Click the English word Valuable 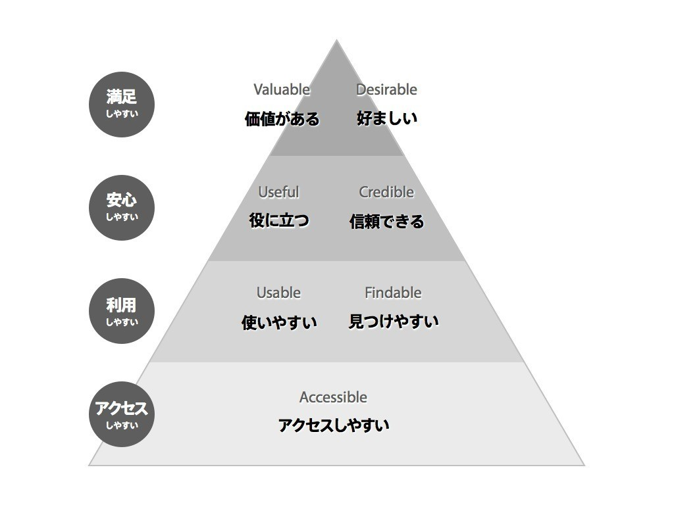click(x=282, y=89)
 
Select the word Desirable click(x=386, y=89)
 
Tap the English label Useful click(x=278, y=192)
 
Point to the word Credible click(x=386, y=192)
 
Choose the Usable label click(x=278, y=293)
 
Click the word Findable click(x=393, y=293)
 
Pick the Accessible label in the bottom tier click(x=333, y=397)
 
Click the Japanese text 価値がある click(x=282, y=118)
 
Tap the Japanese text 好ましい click(x=387, y=118)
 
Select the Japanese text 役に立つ click(x=279, y=220)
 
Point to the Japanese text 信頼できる click(x=386, y=221)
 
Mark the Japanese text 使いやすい click(x=279, y=322)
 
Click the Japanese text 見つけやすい click(x=394, y=321)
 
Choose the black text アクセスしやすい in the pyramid click(x=334, y=425)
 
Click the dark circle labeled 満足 click(x=122, y=105)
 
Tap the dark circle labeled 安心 click(x=122, y=208)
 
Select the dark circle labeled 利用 click(x=122, y=311)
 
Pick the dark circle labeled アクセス click(x=122, y=414)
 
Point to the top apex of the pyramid click(x=336, y=40)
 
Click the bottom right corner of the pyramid click(x=584, y=465)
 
